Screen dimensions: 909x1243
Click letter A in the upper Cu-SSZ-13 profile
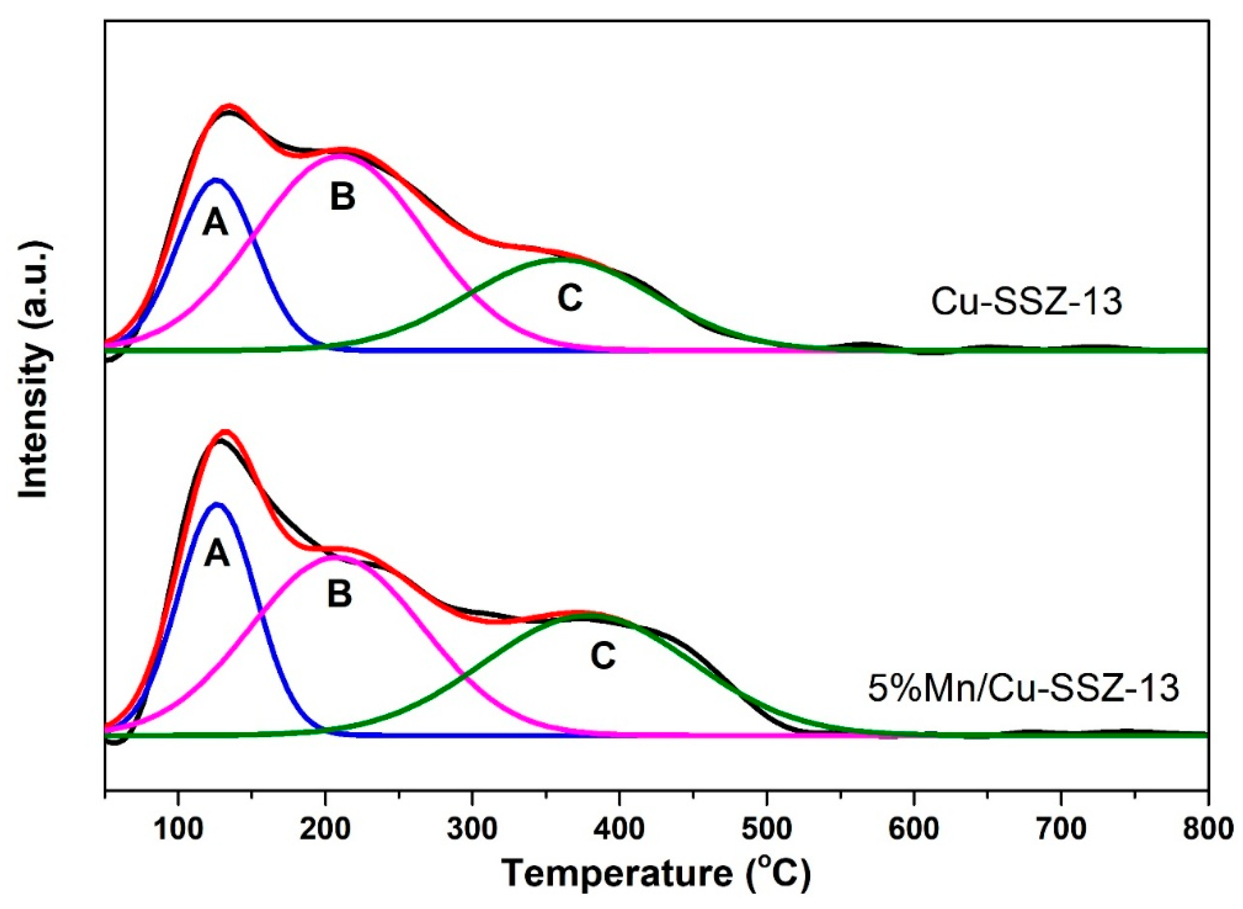pos(215,223)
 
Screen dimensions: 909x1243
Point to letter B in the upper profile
pos(342,197)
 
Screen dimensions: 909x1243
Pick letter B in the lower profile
pos(339,594)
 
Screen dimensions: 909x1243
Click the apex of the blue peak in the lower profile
pos(217,504)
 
